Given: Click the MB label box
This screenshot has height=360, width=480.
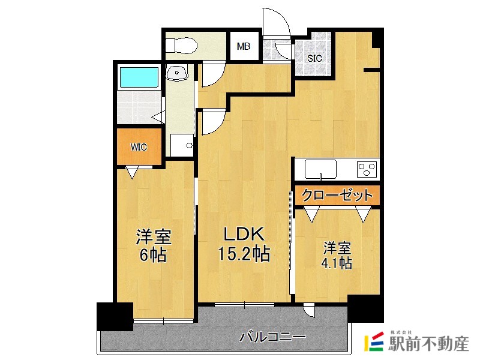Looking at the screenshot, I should tap(244, 46).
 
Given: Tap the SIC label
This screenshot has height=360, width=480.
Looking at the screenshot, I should tap(314, 58).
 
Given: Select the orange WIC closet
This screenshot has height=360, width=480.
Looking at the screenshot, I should tap(139, 146).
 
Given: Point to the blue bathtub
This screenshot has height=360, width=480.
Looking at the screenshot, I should tap(139, 77).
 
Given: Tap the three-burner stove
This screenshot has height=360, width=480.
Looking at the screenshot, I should tap(366, 169).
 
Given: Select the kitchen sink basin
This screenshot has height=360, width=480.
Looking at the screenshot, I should tap(320, 169).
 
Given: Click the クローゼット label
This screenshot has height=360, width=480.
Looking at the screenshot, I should tap(337, 195).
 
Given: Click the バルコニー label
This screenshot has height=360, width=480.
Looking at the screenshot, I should tap(273, 337).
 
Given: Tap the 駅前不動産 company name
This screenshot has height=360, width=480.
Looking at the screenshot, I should tap(428, 344).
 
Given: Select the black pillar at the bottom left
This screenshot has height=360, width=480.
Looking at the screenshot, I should tap(115, 316).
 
